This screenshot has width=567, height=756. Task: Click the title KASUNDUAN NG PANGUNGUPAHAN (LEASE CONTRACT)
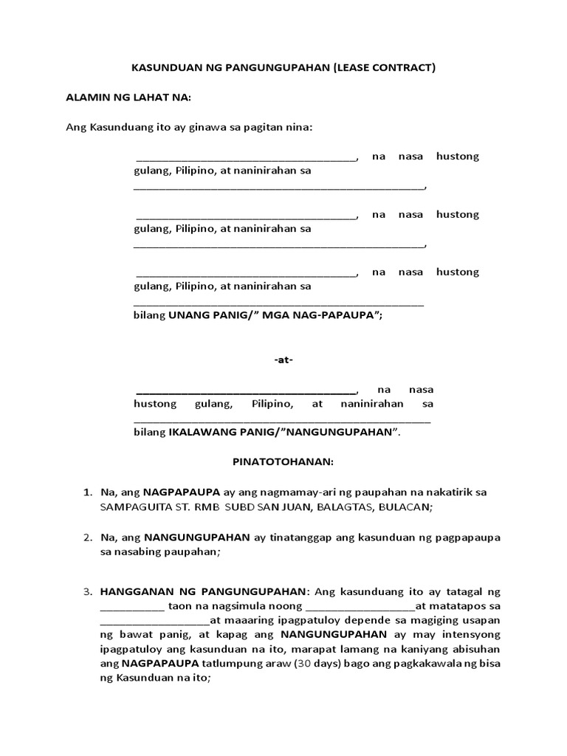283,69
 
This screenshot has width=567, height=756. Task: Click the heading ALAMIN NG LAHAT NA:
129,97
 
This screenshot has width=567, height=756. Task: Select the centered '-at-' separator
283,360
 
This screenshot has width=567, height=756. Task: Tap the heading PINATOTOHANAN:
283,462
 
